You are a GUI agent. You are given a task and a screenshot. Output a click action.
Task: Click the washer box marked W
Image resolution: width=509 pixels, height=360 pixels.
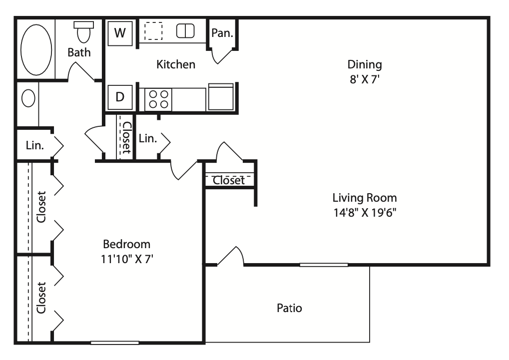click(x=120, y=33)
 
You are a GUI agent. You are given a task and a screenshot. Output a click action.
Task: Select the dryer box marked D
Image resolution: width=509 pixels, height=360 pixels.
click(x=120, y=97)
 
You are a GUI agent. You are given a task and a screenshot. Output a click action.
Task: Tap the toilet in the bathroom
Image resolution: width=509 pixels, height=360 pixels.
click(x=84, y=32)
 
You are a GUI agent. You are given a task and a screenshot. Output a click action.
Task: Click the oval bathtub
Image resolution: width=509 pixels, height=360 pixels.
click(x=36, y=49)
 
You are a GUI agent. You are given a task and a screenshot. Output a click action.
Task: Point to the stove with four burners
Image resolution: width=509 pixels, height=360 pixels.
click(x=158, y=99)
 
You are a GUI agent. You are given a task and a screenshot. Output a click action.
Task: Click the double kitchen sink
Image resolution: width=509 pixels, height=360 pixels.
click(x=185, y=31)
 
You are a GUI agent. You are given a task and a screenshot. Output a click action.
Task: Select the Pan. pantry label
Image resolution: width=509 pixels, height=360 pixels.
click(x=222, y=33)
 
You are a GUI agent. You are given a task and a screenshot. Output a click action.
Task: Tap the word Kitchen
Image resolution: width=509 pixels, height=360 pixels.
click(x=176, y=64)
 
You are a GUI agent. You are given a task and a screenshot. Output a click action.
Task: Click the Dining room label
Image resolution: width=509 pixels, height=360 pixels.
click(x=365, y=64)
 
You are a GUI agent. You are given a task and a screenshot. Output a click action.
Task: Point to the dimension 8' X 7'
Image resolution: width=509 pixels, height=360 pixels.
click(x=365, y=79)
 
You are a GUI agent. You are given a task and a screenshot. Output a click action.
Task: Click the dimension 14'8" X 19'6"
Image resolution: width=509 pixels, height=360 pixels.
click(x=365, y=212)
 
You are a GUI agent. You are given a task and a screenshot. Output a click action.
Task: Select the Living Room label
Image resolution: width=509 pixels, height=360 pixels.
click(x=365, y=198)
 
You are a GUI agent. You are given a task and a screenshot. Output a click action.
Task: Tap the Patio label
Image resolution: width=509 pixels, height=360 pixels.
click(x=289, y=308)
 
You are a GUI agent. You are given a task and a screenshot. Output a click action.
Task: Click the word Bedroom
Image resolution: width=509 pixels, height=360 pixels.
click(x=126, y=244)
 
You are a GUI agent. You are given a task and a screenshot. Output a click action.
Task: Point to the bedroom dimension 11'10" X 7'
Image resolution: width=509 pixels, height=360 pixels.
click(x=127, y=259)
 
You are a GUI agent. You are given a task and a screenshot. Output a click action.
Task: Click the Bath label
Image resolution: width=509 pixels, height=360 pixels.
click(x=79, y=52)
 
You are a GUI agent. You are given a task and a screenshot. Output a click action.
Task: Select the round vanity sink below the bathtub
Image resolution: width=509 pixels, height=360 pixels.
click(x=28, y=98)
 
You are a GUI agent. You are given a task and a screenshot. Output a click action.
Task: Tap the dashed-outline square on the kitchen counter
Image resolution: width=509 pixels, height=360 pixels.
click(x=153, y=31)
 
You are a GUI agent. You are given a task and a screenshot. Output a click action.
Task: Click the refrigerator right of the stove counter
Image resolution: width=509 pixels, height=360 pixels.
click(x=221, y=97)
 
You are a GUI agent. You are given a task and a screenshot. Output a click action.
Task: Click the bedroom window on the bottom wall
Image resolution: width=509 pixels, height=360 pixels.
click(x=114, y=343)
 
